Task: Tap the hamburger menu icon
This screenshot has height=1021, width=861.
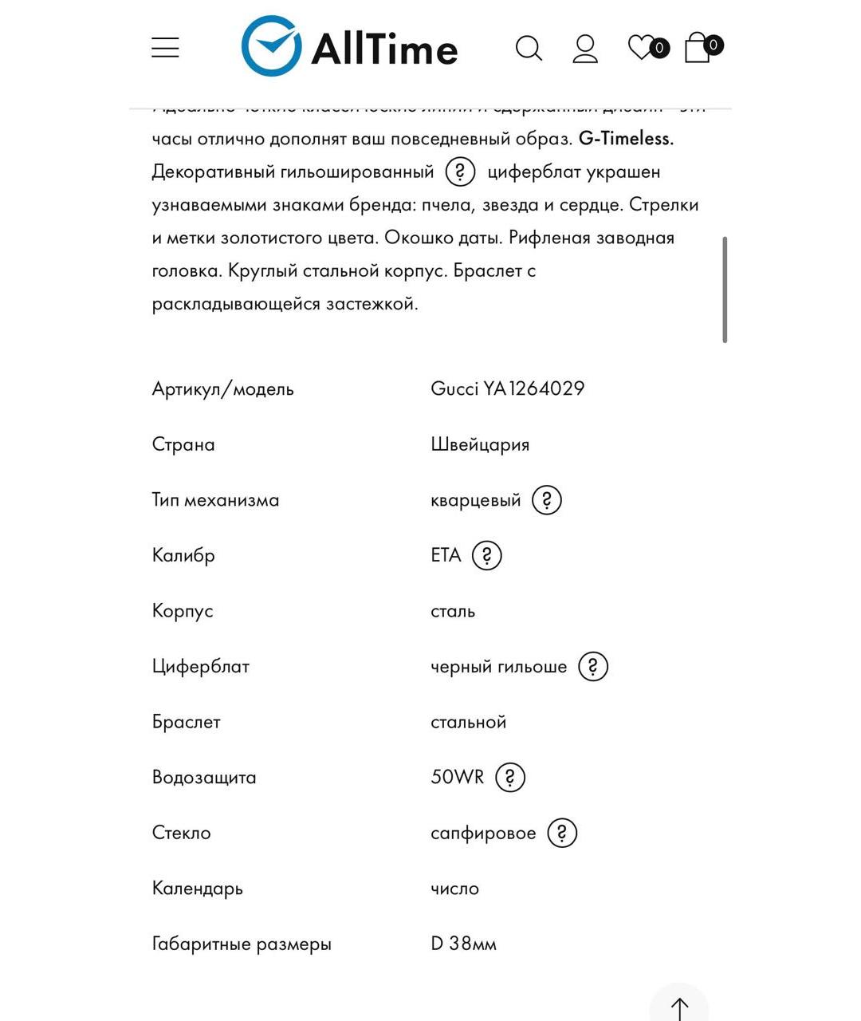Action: coord(165,48)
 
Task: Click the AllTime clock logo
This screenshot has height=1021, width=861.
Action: coord(271,46)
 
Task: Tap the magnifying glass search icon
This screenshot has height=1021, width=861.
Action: coord(529,49)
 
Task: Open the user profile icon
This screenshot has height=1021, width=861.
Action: coord(585,49)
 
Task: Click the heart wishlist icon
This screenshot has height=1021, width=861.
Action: coord(641,47)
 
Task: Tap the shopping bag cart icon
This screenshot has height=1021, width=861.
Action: coord(698,48)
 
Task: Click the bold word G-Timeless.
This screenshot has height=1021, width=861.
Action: coord(626,139)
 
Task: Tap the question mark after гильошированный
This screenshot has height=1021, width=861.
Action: coord(460,171)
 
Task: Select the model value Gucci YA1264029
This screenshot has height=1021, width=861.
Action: coord(508,388)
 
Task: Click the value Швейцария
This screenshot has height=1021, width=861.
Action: coord(480,444)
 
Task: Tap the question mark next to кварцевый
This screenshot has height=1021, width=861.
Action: coord(547,500)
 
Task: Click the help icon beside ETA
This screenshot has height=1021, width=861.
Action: coord(487,555)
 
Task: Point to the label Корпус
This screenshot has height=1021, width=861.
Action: coord(183,611)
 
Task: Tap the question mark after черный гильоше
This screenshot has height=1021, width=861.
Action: coord(593,666)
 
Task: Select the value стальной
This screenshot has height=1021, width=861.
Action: coord(469,722)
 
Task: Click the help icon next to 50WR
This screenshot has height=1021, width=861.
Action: coord(510,777)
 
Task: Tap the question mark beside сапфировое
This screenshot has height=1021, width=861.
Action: coord(562,833)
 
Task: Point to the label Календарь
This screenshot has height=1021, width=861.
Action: coord(197,889)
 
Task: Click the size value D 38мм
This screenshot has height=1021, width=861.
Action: coord(463,944)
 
